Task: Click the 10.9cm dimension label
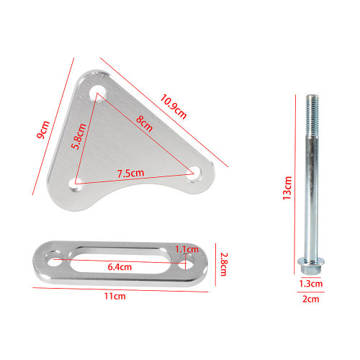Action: click(173, 107)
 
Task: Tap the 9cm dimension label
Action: click(43, 130)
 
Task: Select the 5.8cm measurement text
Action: click(79, 137)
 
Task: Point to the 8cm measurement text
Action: click(144, 124)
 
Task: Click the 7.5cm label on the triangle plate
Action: click(130, 174)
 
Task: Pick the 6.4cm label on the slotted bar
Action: click(120, 267)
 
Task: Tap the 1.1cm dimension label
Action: click(186, 250)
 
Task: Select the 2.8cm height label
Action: click(224, 264)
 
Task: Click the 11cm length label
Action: click(114, 296)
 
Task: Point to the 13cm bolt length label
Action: click(287, 188)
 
